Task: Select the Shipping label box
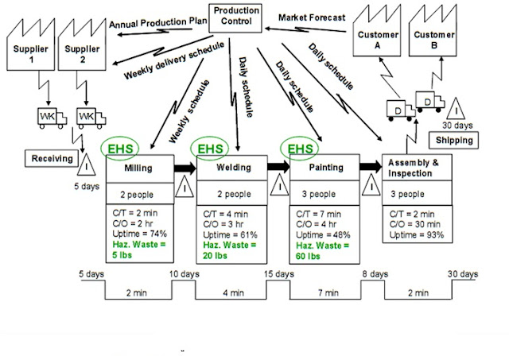click(x=454, y=141)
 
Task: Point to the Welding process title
click(x=232, y=168)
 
